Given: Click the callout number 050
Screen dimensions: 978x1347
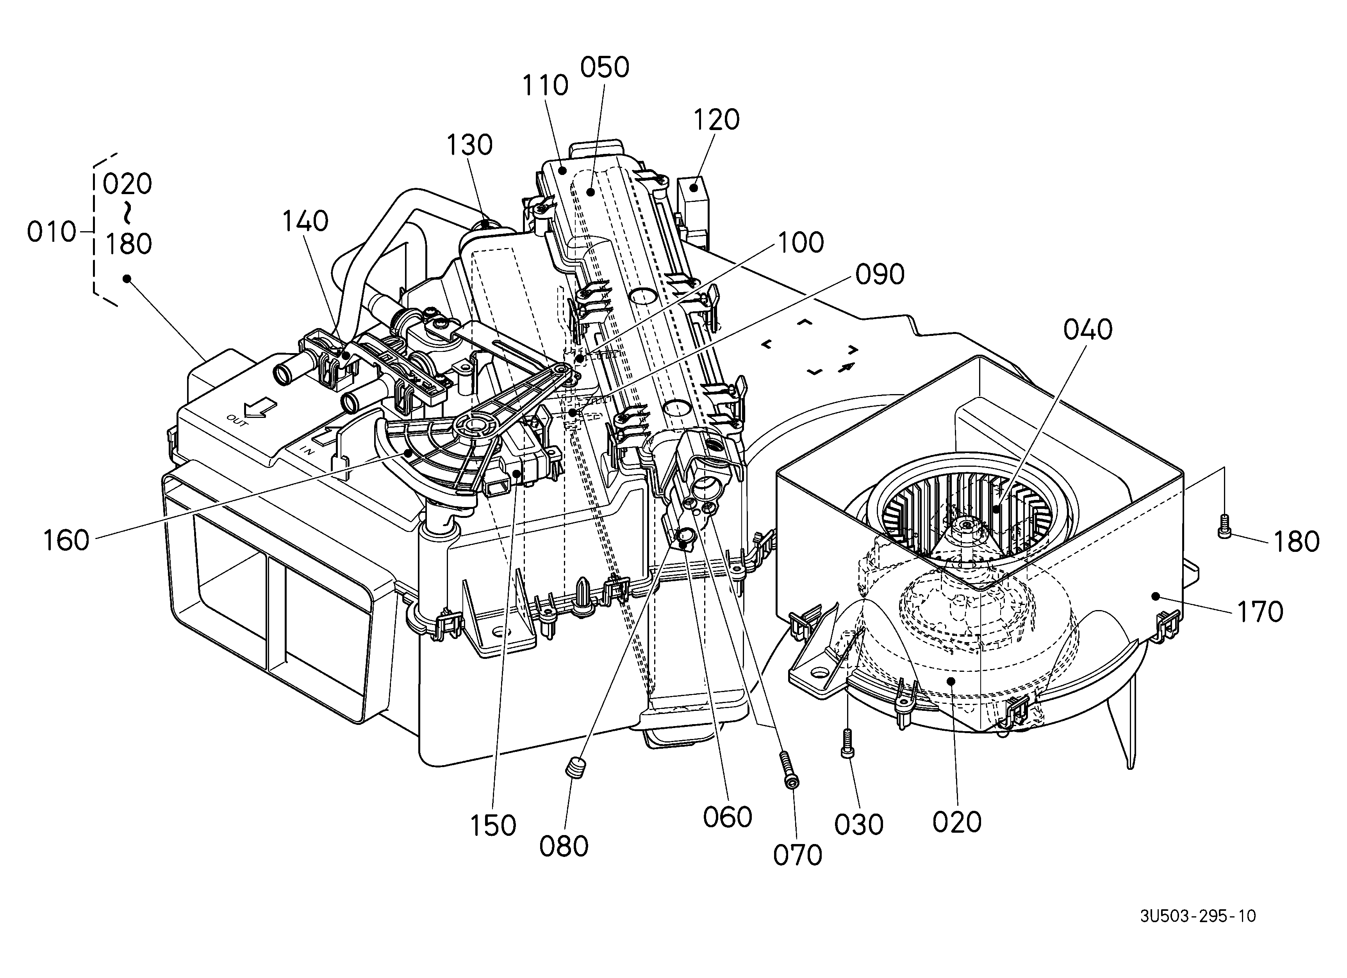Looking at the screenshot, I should tap(605, 68).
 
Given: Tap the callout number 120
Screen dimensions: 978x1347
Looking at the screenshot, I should tap(716, 120).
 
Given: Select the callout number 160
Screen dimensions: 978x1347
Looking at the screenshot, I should tap(66, 541).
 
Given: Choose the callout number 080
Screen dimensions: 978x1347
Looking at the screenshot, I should tap(564, 846).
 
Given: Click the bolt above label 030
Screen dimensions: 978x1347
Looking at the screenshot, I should tap(847, 743).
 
